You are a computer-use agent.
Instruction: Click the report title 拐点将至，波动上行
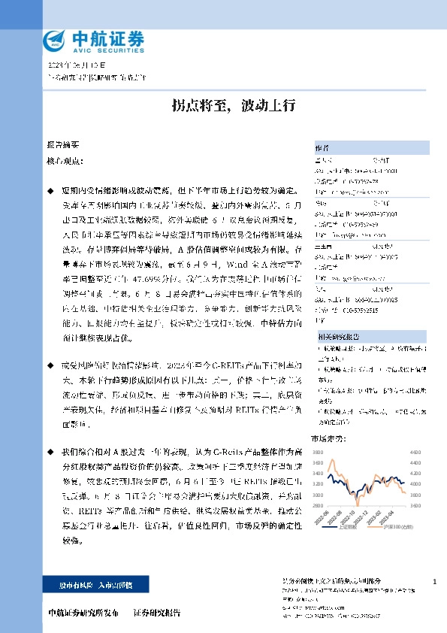pos(223,105)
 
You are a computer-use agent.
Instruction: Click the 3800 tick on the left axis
pos(318,453)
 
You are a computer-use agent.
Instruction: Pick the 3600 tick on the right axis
pos(414,506)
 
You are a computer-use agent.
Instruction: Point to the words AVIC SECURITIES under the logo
pos(101,50)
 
